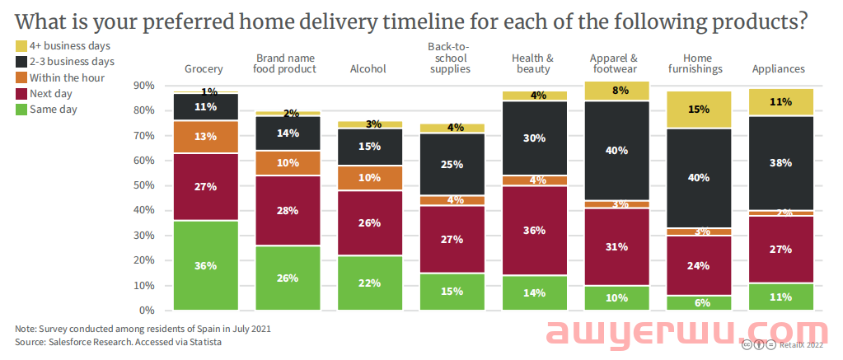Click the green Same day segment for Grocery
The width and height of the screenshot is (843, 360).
tap(205, 265)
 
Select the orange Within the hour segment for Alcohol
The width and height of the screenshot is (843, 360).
tap(368, 177)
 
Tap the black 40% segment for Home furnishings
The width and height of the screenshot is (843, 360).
tap(699, 177)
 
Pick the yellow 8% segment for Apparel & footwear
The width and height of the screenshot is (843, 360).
tap(616, 91)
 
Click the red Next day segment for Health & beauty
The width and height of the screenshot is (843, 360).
tap(534, 230)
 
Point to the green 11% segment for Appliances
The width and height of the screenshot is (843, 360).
tap(780, 297)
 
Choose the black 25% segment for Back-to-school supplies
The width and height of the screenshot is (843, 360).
tap(451, 164)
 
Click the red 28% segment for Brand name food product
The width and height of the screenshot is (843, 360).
tap(287, 211)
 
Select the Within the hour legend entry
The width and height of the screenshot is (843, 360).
tap(65, 77)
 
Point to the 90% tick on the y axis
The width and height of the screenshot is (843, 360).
tap(144, 86)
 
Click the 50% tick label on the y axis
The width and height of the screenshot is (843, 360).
tap(144, 185)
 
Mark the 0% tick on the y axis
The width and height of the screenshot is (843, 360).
tap(147, 311)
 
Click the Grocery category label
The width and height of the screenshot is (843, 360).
tap(204, 69)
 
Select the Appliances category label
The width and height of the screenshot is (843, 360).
tap(778, 69)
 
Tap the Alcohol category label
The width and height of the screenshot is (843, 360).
tap(368, 69)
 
